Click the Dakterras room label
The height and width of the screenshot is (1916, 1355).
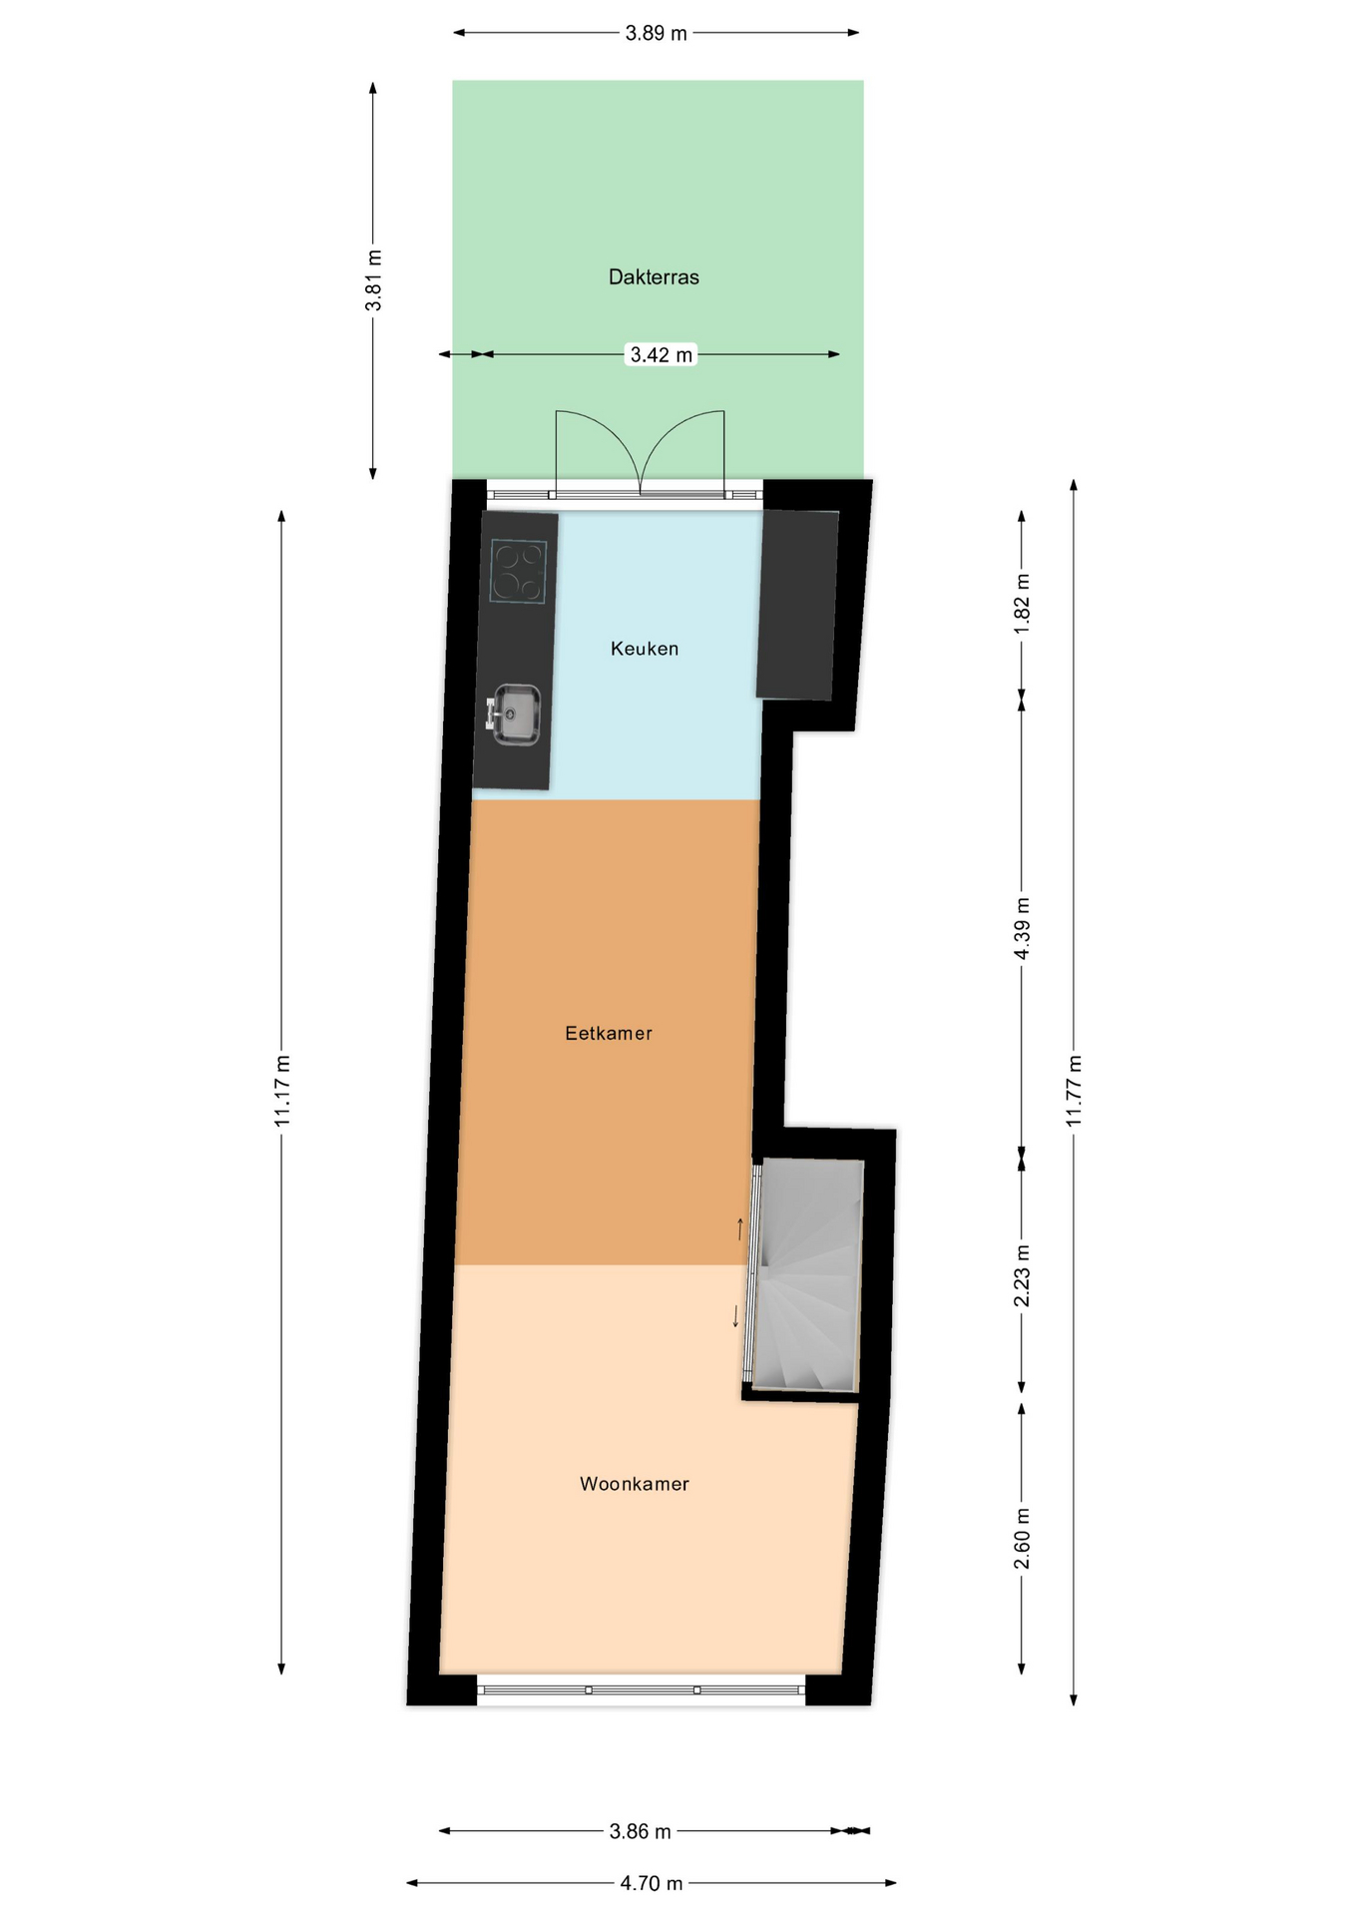tap(654, 277)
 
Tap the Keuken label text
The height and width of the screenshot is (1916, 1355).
tap(645, 649)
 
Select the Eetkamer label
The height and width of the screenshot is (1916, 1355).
tap(609, 1034)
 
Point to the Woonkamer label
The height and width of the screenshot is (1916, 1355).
tap(635, 1484)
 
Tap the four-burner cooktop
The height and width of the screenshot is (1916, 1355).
tap(519, 572)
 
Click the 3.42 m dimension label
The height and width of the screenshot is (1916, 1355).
tap(661, 354)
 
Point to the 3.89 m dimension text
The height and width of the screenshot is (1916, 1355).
tap(656, 33)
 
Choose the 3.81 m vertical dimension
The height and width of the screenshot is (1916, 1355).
tap(373, 280)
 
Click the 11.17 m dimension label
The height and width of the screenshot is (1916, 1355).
tap(282, 1091)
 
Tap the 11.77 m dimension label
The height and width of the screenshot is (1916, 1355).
tap(1074, 1091)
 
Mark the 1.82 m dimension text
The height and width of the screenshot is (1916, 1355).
tap(1022, 603)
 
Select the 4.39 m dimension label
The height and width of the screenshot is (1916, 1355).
tap(1022, 928)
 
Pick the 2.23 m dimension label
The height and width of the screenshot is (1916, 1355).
tap(1022, 1275)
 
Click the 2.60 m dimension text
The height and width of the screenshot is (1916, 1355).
tap(1022, 1538)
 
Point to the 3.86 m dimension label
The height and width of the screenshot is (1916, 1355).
tap(640, 1831)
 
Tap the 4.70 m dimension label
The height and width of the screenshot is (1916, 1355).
tap(652, 1883)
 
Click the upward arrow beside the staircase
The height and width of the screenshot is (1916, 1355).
tap(740, 1228)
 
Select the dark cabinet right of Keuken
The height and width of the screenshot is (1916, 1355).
tap(797, 605)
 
